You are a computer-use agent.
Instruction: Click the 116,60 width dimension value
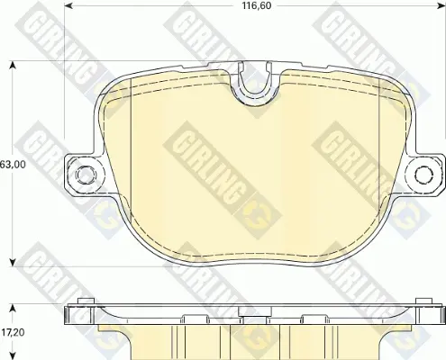[x=252, y=5]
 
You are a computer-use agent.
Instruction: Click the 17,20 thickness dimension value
[x=13, y=332]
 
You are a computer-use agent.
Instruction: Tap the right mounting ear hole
[x=424, y=174]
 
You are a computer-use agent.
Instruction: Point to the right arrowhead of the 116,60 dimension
[x=441, y=5]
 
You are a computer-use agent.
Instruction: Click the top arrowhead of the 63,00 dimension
[x=13, y=66]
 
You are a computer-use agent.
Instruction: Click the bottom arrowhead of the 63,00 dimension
[x=13, y=262]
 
